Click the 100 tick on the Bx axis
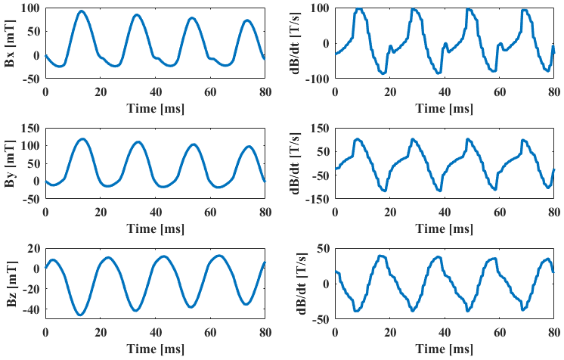(x=30, y=8)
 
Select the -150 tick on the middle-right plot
(x=317, y=200)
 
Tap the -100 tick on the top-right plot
(x=317, y=78)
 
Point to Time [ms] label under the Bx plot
(x=156, y=108)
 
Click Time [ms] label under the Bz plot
(x=156, y=350)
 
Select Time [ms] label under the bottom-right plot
(x=445, y=350)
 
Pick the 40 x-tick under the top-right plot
(x=445, y=91)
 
